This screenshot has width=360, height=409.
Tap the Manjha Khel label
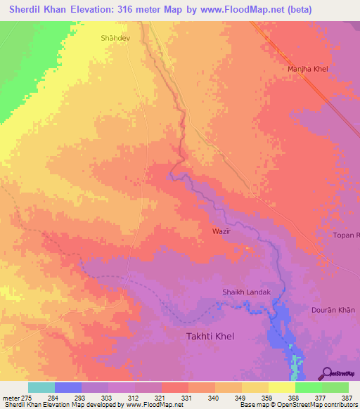point(308,69)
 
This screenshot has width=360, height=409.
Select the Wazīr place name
point(221,231)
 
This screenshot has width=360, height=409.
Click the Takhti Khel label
point(210,337)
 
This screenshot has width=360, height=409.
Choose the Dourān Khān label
point(333,310)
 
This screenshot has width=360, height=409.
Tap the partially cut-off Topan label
point(347,235)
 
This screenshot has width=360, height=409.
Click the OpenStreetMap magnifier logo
point(326,373)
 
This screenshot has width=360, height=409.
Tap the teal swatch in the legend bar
point(41,387)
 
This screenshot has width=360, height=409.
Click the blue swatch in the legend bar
point(68,387)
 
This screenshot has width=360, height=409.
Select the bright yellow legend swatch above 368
point(282,387)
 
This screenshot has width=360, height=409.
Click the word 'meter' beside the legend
point(11,398)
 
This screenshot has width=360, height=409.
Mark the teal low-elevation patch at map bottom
point(296,363)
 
